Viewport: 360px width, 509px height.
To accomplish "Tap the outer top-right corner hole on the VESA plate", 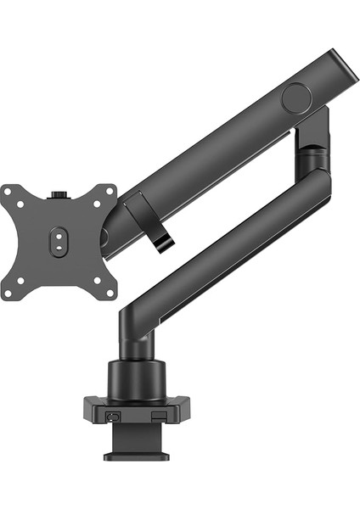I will (110, 193).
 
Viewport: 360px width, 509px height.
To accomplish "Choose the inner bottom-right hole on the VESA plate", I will (96, 280).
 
